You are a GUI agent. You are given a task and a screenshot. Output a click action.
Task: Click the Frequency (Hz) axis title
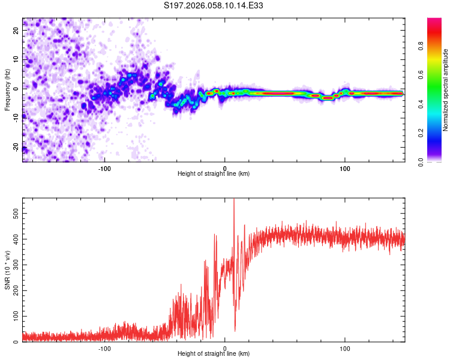pyautogui.click(x=7, y=90)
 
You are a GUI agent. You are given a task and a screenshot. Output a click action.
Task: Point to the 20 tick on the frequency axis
pyautogui.click(x=16, y=32)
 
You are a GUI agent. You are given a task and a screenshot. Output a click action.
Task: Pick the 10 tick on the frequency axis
pyautogui.click(x=16, y=60)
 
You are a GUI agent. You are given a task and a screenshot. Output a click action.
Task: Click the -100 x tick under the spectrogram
pyautogui.click(x=105, y=168)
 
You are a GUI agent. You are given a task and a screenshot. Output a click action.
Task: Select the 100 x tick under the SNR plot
pyautogui.click(x=345, y=348)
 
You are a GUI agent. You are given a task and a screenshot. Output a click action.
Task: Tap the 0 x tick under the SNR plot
pyautogui.click(x=225, y=348)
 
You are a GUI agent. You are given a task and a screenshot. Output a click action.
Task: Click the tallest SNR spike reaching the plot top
pyautogui.click(x=233, y=202)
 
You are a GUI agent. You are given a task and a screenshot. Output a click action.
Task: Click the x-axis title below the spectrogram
pyautogui.click(x=214, y=174)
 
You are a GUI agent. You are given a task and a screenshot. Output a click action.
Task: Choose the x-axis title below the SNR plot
pyautogui.click(x=214, y=354)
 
